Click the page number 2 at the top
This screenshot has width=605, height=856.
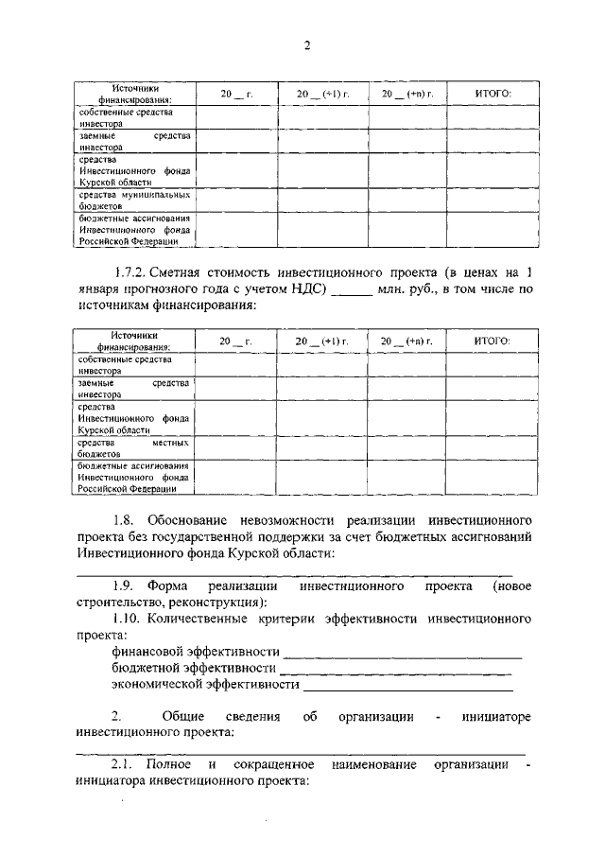pos(307,46)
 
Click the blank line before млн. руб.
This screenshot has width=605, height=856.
pos(354,290)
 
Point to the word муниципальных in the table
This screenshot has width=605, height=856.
pos(151,194)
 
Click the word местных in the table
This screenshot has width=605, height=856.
pos(170,443)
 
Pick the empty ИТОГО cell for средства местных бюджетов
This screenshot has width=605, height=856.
pos(491,447)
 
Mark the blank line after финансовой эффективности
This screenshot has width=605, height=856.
pos(402,654)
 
